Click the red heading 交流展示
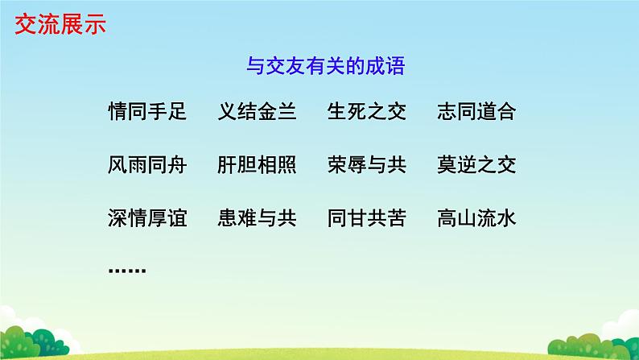(x=60, y=25)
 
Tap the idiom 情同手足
(x=146, y=112)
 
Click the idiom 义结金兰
(x=257, y=112)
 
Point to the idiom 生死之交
(x=366, y=112)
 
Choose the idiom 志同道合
(x=476, y=112)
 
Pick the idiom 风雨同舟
(x=146, y=165)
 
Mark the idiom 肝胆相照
(x=257, y=165)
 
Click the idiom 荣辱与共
(x=366, y=165)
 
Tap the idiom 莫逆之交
(x=476, y=165)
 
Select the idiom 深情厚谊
(x=146, y=218)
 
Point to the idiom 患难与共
(x=257, y=218)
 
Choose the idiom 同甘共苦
(x=366, y=218)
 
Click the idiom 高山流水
(x=476, y=218)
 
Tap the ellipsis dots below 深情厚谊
(x=126, y=270)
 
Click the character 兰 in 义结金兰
(x=287, y=112)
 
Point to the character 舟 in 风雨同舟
(x=176, y=165)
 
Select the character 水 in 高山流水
(x=505, y=218)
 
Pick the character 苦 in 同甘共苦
(x=396, y=218)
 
